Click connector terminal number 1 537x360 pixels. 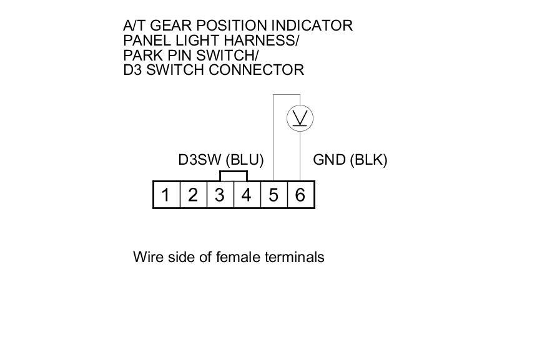pos(166,195)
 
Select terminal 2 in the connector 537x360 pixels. pos(193,195)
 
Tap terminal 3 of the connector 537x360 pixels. pos(220,195)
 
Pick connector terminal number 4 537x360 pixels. pos(247,195)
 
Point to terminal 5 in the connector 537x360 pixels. pos(273,195)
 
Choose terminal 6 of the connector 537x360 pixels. pos(300,195)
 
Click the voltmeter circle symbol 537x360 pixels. pos(300,118)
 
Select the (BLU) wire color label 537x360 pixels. pos(245,160)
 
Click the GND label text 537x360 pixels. pos(329,160)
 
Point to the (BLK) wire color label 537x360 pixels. pos(369,160)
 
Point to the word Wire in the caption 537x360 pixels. pos(147,257)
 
